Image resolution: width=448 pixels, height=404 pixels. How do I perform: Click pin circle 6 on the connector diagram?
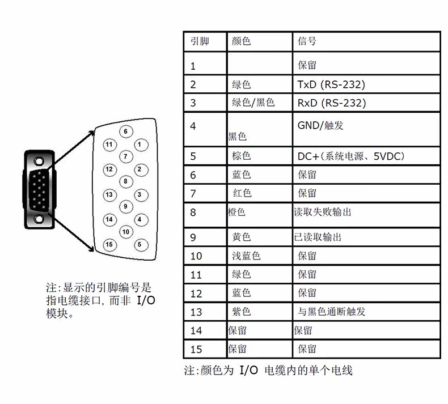pos(125,131)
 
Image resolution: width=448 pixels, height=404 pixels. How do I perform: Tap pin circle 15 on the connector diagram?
pos(109,244)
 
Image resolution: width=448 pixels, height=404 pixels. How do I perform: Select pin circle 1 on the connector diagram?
pos(139,144)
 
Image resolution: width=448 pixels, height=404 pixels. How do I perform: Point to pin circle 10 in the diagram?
pos(126,231)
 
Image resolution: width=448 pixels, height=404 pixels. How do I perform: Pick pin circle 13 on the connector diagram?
pos(109,194)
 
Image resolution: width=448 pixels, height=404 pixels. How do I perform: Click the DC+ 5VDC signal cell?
pos(351,156)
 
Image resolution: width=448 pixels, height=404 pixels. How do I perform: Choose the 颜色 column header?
pos(241,41)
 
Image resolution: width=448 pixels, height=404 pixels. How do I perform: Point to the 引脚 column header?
pos(200,41)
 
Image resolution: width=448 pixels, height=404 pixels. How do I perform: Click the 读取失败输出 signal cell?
pos(323,212)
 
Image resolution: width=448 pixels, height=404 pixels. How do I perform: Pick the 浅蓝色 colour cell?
pos(246,256)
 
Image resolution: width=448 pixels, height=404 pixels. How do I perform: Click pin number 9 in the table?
pos(193,237)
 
